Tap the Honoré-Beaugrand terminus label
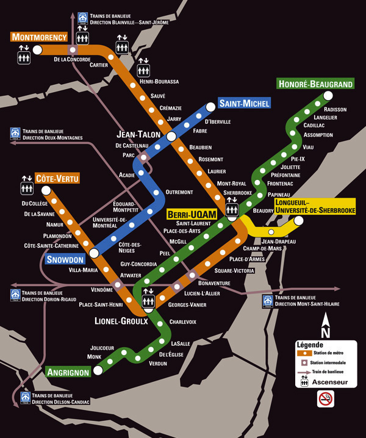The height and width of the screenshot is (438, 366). tap(315, 83)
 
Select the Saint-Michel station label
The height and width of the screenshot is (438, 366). tap(244, 103)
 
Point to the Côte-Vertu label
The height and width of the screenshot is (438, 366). tap(57, 179)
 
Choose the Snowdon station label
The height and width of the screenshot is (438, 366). tap(64, 259)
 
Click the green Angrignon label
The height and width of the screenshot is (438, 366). tap(68, 372)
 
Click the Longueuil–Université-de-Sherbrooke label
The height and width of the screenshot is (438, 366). tap(315, 206)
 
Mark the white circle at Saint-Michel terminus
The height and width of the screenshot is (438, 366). tap(211, 107)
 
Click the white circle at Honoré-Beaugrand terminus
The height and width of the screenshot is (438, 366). tap(328, 95)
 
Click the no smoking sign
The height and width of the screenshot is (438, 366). tap(326, 400)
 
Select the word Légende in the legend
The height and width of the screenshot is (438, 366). tap(309, 345)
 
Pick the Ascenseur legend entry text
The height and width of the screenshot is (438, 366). tap(330, 382)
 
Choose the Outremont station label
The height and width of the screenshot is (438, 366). tap(179, 192)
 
